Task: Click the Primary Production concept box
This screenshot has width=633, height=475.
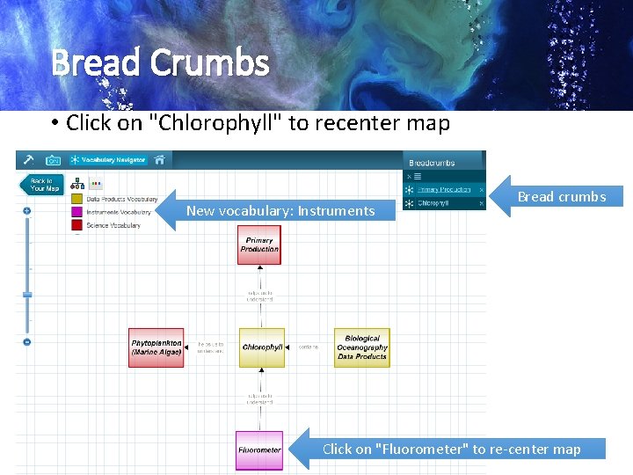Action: click(259, 245)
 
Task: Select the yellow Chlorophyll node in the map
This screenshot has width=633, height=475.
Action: click(262, 347)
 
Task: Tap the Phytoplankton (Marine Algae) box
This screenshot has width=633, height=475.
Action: click(156, 347)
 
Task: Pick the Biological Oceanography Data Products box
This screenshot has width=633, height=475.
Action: click(362, 347)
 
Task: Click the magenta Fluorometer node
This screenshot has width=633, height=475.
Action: click(259, 450)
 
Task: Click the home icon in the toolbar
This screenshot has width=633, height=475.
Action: click(159, 160)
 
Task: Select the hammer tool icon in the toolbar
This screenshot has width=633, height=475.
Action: click(28, 160)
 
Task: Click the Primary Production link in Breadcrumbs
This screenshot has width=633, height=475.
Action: click(444, 189)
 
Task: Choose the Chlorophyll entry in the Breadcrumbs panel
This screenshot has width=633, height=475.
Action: click(434, 203)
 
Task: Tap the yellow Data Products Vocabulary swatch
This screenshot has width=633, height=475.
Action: click(77, 200)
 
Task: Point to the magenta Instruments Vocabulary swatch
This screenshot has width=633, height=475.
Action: click(77, 212)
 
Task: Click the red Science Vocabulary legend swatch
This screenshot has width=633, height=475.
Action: click(77, 225)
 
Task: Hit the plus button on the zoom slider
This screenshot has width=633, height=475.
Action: click(27, 211)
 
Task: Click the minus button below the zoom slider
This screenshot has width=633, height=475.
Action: click(27, 341)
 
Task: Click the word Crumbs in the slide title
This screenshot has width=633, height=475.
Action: click(209, 63)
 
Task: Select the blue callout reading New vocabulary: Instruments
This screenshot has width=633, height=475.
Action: click(280, 210)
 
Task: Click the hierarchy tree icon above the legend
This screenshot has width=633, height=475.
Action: click(77, 185)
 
